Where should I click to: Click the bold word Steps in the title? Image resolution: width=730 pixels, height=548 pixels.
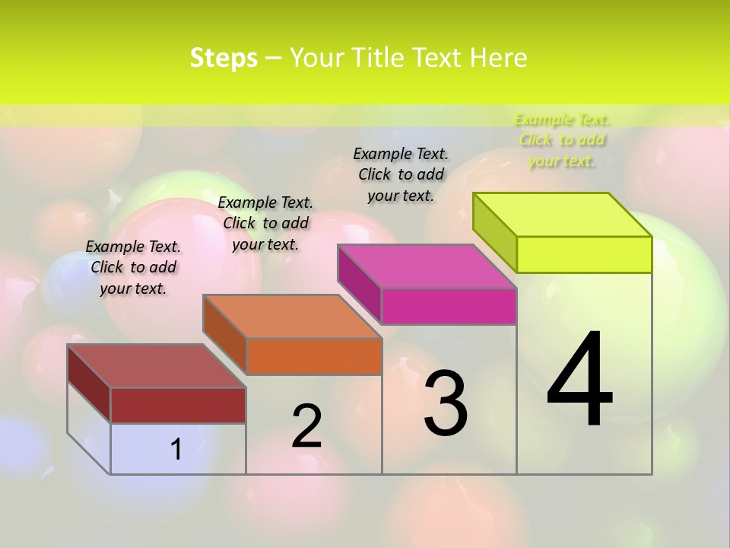(x=224, y=58)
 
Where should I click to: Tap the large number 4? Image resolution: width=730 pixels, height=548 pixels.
(x=579, y=379)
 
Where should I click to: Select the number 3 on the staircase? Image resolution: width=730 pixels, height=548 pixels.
(x=445, y=403)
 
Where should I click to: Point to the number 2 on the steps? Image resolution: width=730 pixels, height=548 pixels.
(x=306, y=426)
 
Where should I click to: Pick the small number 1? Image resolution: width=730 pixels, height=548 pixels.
(x=176, y=450)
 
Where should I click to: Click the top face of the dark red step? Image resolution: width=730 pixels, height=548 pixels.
(x=156, y=366)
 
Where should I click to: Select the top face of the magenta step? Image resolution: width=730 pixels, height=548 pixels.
(x=427, y=266)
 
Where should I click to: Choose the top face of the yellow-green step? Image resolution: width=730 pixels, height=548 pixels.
(x=563, y=215)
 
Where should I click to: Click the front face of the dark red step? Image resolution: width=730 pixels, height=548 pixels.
(x=178, y=405)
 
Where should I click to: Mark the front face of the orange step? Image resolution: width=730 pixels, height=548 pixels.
(x=314, y=356)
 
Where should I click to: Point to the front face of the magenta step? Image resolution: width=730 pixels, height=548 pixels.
(x=449, y=306)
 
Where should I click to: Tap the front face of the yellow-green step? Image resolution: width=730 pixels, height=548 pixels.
(x=584, y=254)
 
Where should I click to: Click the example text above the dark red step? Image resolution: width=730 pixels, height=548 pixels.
(x=133, y=267)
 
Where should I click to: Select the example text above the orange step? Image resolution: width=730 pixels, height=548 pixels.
(x=265, y=223)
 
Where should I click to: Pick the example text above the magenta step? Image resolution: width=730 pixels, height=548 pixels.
(x=401, y=174)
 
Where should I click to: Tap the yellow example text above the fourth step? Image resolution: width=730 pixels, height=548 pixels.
(x=562, y=140)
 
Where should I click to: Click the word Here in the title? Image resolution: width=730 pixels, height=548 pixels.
(x=498, y=58)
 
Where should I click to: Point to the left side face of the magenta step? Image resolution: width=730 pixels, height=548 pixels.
(x=359, y=284)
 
